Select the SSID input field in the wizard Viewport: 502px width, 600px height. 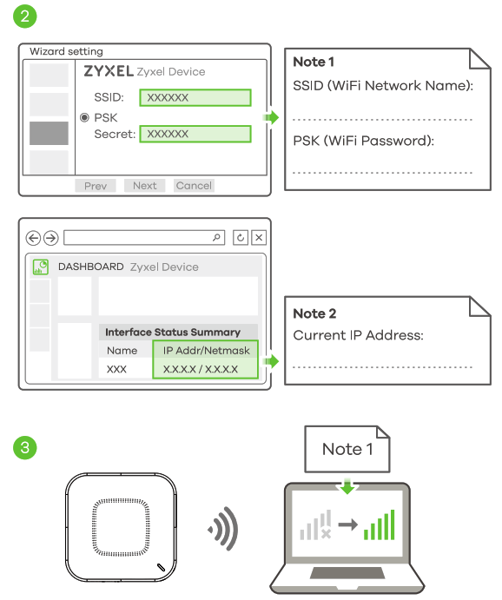point(195,97)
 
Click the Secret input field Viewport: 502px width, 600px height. point(195,135)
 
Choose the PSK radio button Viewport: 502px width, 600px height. point(84,116)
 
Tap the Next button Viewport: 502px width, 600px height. point(145,185)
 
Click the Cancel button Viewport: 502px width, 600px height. point(194,185)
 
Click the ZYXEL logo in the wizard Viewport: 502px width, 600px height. point(108,72)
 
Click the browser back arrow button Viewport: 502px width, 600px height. point(34,238)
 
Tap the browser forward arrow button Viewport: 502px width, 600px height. point(51,238)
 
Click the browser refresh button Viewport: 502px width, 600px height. point(241,238)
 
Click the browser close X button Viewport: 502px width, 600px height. point(258,238)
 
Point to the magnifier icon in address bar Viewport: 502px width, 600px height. point(217,237)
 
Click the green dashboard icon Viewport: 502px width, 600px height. point(40,267)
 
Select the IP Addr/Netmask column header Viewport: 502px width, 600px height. point(206,351)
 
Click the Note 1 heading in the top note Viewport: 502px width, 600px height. point(314,62)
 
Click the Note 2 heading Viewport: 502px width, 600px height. point(314,313)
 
